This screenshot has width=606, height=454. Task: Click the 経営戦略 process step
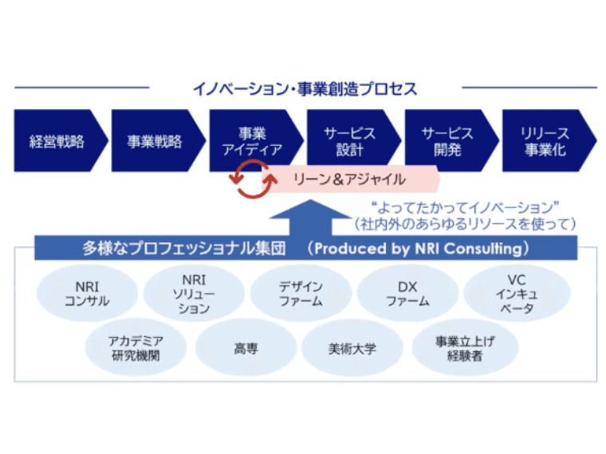click(x=57, y=142)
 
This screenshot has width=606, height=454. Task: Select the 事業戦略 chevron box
click(x=155, y=142)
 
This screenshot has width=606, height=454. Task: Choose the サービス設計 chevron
click(x=349, y=142)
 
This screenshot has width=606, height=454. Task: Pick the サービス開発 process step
click(x=447, y=142)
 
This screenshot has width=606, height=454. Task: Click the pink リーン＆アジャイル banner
click(x=351, y=179)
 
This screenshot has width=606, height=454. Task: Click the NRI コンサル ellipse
click(x=87, y=293)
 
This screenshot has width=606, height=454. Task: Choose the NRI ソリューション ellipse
click(x=194, y=294)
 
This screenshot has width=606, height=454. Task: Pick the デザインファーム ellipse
click(x=301, y=293)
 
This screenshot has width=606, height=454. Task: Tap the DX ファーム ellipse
click(x=407, y=293)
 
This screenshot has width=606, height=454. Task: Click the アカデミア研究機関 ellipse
click(x=136, y=348)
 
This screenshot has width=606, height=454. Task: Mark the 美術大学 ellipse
click(x=352, y=349)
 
